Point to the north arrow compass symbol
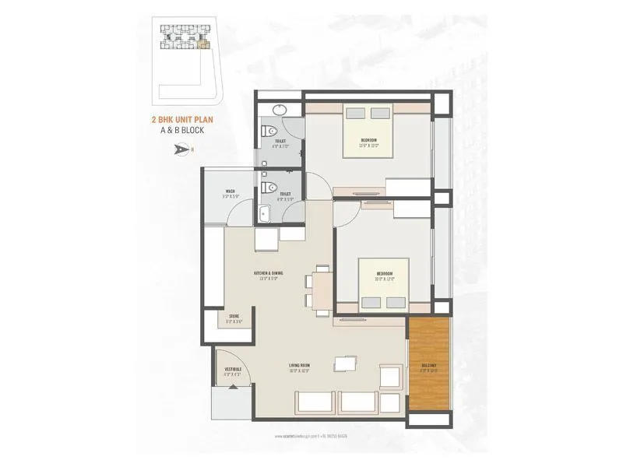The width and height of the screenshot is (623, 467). click(185, 149)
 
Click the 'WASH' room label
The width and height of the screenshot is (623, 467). click(230, 191)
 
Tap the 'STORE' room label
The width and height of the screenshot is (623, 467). click(234, 316)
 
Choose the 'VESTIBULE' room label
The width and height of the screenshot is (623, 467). click(233, 368)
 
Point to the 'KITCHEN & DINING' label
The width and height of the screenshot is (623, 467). click(268, 273)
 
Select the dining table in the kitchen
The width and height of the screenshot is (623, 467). click(321, 290)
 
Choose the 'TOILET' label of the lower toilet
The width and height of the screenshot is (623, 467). click(285, 194)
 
